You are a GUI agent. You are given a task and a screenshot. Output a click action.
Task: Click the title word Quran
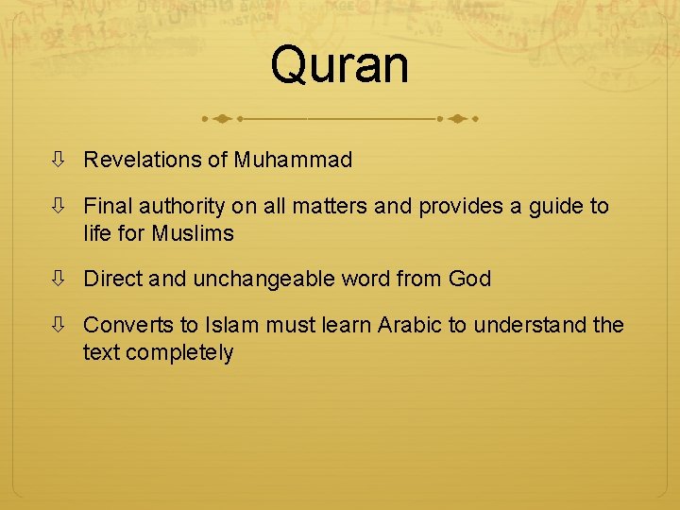339,66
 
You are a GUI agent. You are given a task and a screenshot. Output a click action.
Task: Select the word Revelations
143,161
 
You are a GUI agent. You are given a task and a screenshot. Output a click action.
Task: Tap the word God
469,279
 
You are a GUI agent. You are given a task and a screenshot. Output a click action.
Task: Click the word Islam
225,325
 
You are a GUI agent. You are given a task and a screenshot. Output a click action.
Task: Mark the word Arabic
410,325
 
